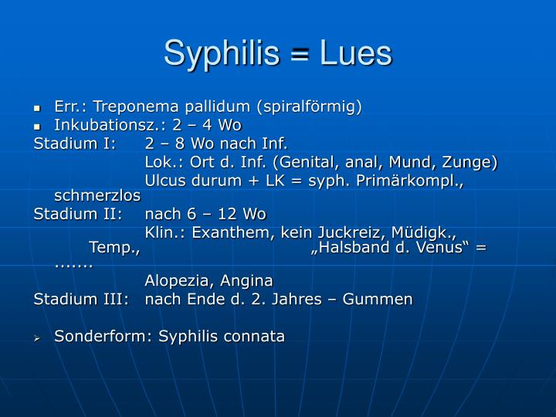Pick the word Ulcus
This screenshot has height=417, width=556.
[166, 181]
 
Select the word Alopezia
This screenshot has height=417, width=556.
[177, 281]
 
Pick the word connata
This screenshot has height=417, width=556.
[255, 336]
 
